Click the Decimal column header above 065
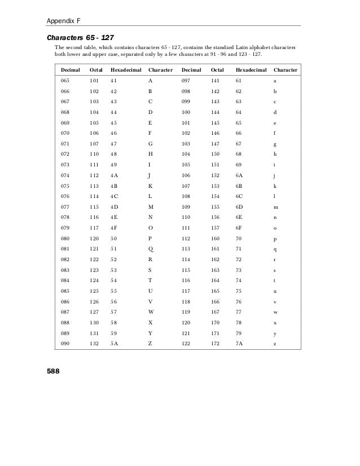tap(71, 71)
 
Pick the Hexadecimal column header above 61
tap(251, 71)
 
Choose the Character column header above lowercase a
tap(286, 71)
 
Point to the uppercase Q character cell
tap(150, 248)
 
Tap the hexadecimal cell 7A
tap(239, 342)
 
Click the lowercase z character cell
tap(275, 342)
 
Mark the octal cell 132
tap(94, 342)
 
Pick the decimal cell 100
tap(187, 112)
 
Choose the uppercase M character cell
tap(151, 207)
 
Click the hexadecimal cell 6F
tap(239, 227)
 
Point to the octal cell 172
tap(216, 342)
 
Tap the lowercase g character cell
tap(275, 144)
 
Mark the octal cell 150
tap(216, 153)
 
